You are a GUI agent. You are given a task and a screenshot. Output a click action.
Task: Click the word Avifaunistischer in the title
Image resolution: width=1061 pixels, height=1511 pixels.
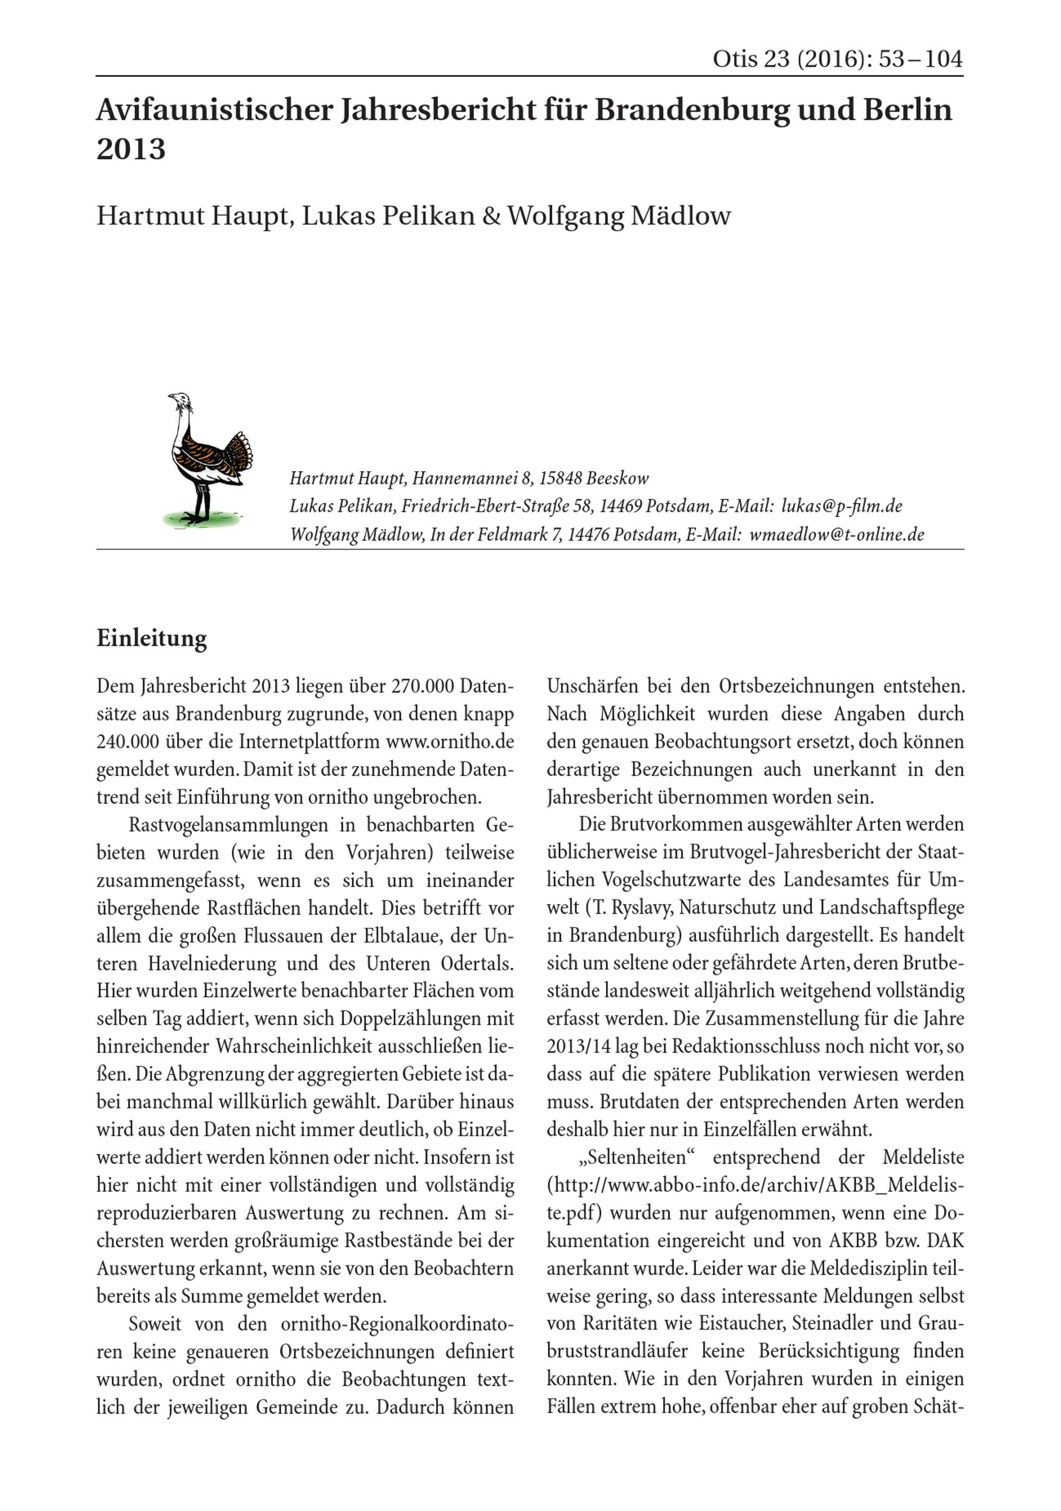point(214,110)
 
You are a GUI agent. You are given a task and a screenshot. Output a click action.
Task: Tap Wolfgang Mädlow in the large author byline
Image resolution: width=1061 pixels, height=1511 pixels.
point(619,216)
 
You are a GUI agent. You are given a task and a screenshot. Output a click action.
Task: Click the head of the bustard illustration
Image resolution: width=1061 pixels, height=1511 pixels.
point(178,400)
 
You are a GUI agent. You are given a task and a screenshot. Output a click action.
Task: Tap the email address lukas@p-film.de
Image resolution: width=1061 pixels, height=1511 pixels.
point(841,506)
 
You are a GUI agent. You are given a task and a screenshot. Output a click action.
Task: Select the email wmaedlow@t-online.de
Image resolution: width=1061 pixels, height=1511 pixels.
point(837,534)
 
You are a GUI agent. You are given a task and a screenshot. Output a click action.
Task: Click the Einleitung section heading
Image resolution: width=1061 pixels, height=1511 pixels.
point(151,638)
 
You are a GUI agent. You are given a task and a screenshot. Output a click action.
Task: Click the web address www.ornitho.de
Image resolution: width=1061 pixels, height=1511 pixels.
point(449,742)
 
